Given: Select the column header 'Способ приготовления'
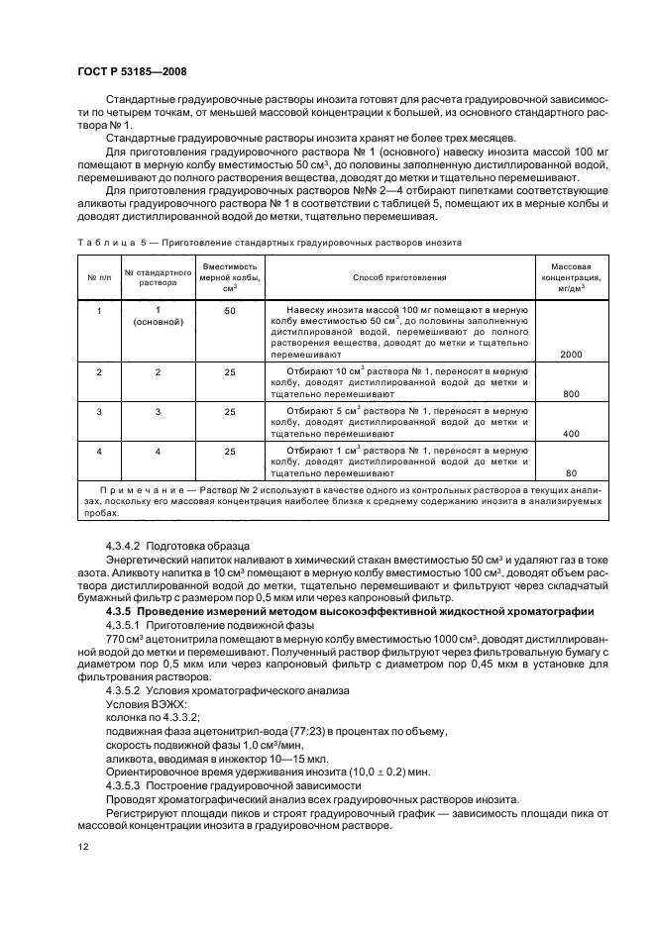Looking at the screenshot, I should pos(399,279).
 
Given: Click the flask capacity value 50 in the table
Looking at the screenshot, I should pos(230,311).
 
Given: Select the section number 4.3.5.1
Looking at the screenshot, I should pos(126,624).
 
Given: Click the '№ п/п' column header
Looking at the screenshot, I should pos(98,279).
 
